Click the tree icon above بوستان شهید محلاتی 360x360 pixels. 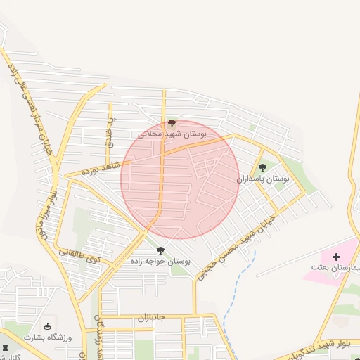pos(173,123)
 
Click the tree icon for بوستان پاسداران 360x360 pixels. pos(263,167)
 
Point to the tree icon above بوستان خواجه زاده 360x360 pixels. pos(160,250)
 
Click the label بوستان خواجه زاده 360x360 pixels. pos(160,261)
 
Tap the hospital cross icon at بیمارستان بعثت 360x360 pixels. pos(335,257)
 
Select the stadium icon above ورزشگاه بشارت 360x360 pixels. pos(48,326)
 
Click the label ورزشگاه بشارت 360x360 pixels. pos(48,337)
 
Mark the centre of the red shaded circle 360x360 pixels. pos(180,179)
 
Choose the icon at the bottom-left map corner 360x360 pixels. pos(5,348)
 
